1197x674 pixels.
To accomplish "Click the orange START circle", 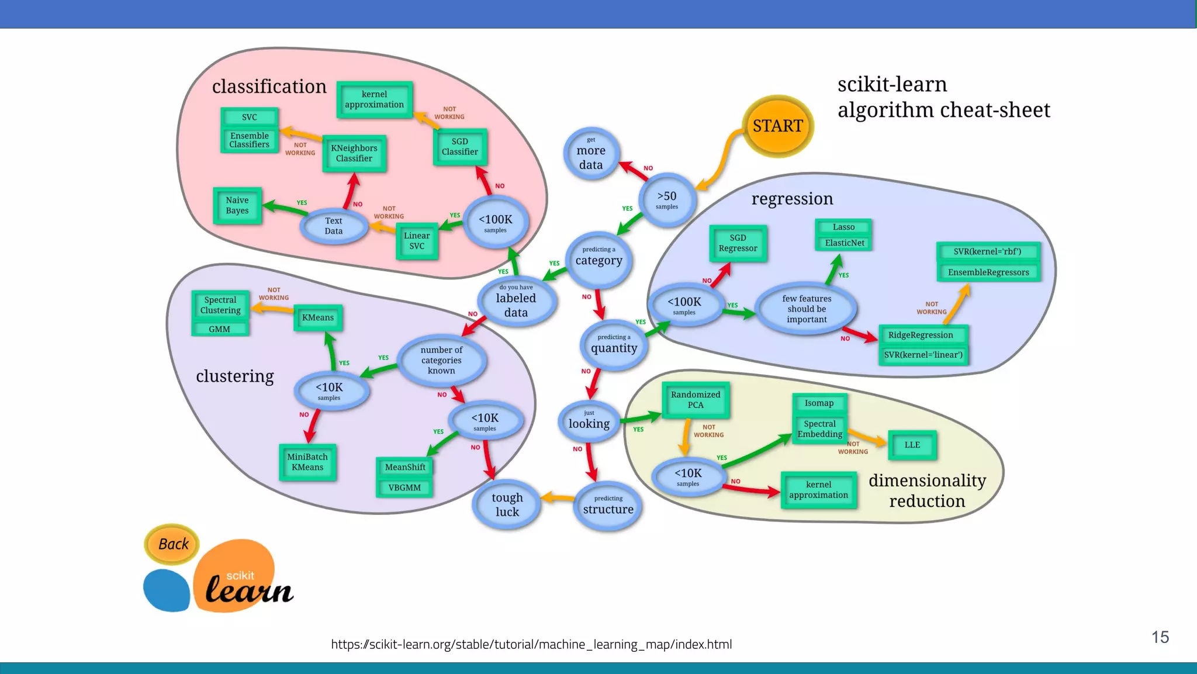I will (x=777, y=126).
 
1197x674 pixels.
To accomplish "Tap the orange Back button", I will (x=172, y=544).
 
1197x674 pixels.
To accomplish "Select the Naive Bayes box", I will (x=237, y=205).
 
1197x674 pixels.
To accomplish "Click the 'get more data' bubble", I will (x=591, y=154).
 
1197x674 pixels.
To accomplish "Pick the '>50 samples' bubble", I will (x=666, y=199).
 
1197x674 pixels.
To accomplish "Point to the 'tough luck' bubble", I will (x=507, y=504).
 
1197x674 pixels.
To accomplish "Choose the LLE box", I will (x=912, y=445).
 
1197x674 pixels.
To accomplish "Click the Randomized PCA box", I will (x=696, y=400).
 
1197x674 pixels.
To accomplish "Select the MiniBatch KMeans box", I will (x=307, y=462).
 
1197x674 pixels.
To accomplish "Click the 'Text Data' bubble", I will (x=334, y=226).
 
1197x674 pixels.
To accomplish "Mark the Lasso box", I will (x=843, y=227).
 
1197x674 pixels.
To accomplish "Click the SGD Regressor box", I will (x=738, y=243).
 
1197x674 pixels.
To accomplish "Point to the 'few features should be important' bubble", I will (x=807, y=309).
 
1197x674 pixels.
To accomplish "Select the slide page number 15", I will (x=1160, y=637).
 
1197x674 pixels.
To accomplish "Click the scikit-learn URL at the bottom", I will (x=531, y=644).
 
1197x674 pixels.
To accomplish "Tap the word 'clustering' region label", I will (x=234, y=376).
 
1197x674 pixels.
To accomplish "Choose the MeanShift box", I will (x=404, y=467).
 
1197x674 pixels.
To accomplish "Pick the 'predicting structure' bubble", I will (x=608, y=506).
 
